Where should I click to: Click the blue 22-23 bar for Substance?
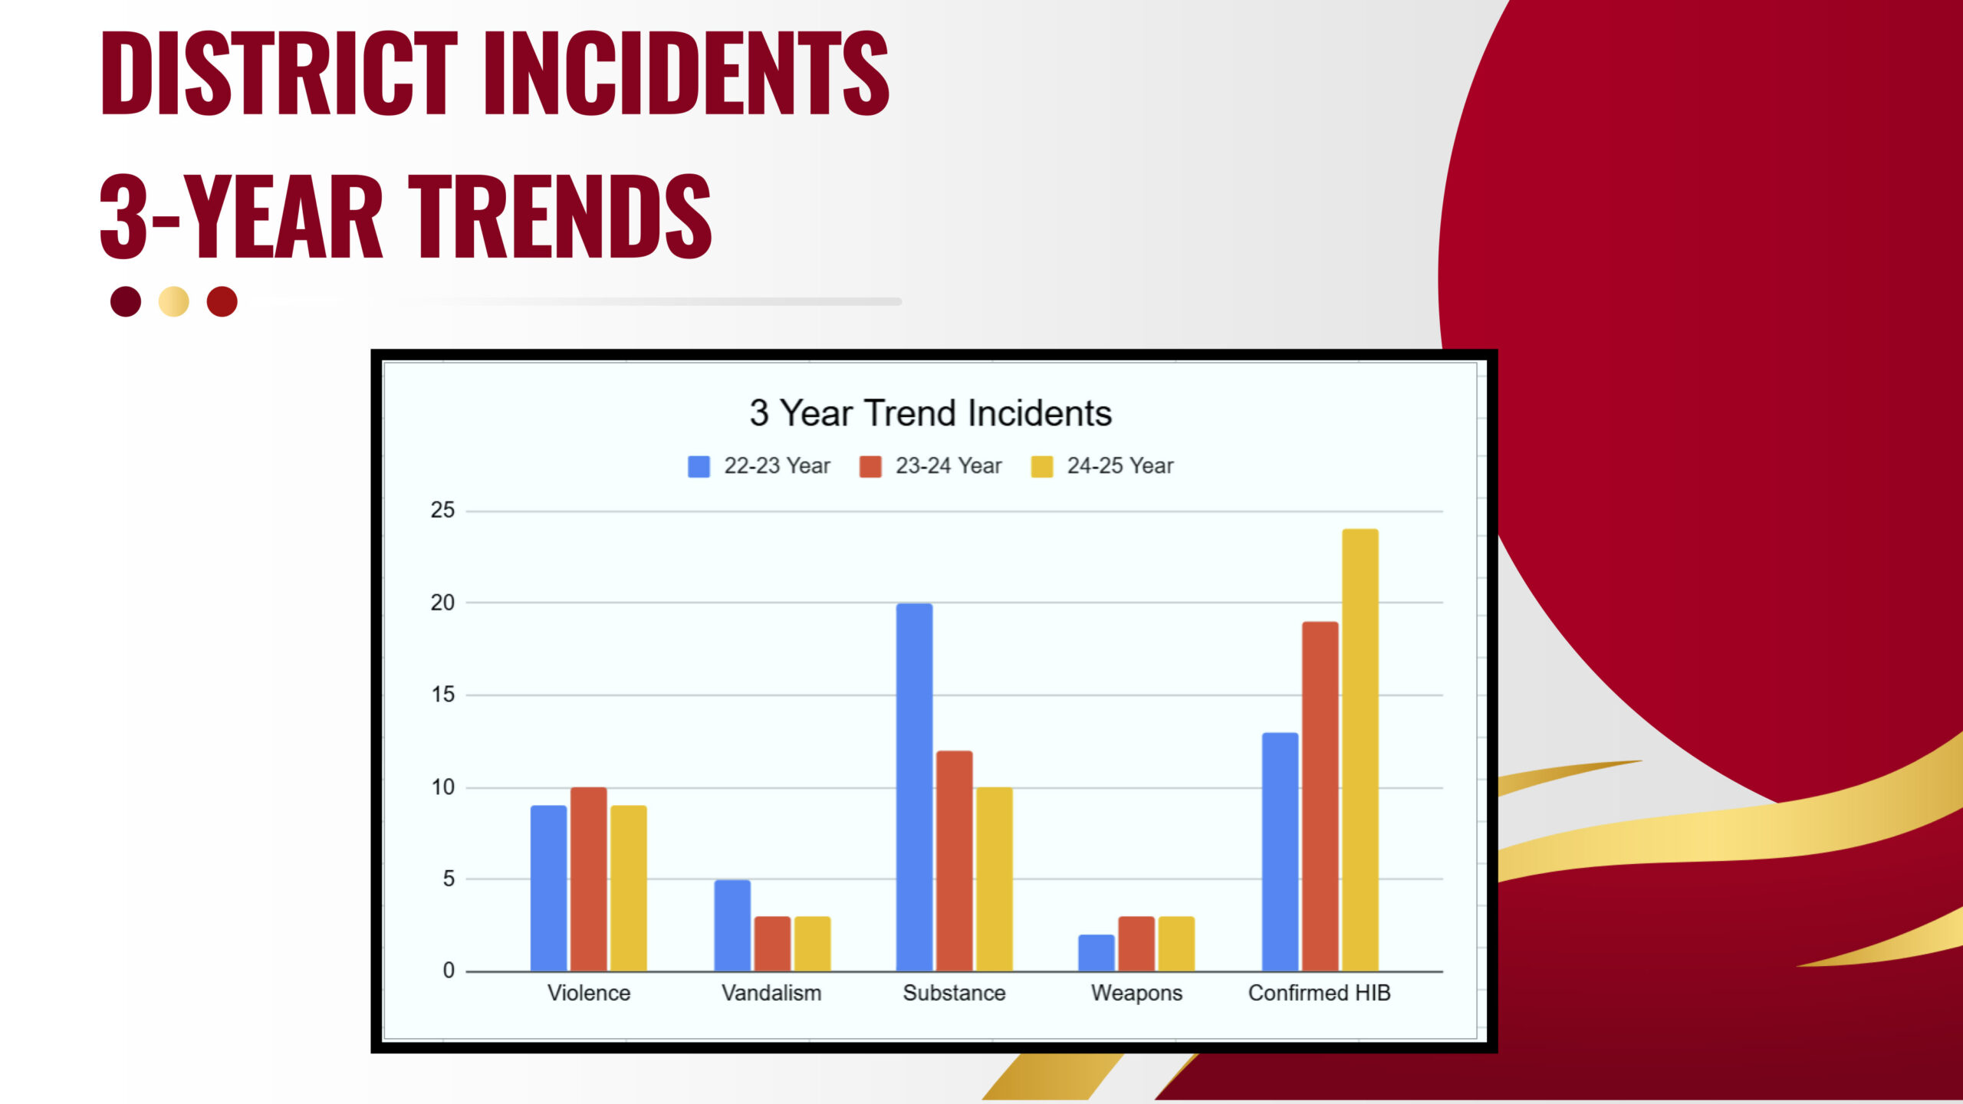tap(914, 787)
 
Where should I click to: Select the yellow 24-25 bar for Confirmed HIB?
tap(1360, 750)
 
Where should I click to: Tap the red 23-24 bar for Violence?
tap(588, 879)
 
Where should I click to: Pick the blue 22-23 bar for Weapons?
tap(1096, 953)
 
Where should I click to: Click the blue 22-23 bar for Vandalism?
tap(732, 925)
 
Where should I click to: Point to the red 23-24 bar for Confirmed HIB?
tap(1320, 797)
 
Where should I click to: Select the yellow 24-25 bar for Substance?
tap(994, 879)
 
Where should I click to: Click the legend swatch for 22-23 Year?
tap(699, 466)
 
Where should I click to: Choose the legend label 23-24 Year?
tap(949, 465)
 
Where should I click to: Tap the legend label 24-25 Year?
tap(1120, 465)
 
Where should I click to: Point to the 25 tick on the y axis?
tap(442, 510)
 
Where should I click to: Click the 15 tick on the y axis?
tap(442, 695)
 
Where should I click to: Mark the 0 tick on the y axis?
tap(449, 971)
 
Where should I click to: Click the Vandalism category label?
tap(771, 993)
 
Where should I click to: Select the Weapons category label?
tap(1136, 994)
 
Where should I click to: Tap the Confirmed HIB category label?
tap(1319, 993)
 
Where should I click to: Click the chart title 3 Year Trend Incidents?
tap(930, 413)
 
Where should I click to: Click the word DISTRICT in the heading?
tap(279, 74)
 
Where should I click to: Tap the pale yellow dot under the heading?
tap(174, 301)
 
